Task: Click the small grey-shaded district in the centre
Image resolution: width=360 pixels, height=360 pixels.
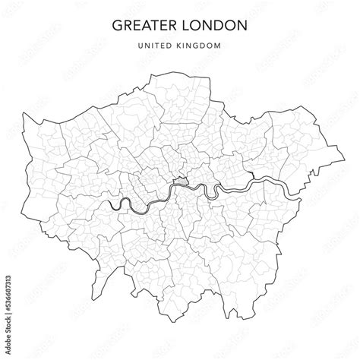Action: click(180, 182)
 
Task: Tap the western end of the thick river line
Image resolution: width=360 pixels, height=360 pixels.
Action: click(111, 204)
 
